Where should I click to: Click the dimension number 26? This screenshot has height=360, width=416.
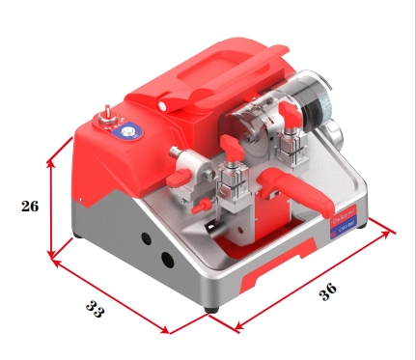tap(29, 206)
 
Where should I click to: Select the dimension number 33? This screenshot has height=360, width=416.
tap(95, 311)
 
